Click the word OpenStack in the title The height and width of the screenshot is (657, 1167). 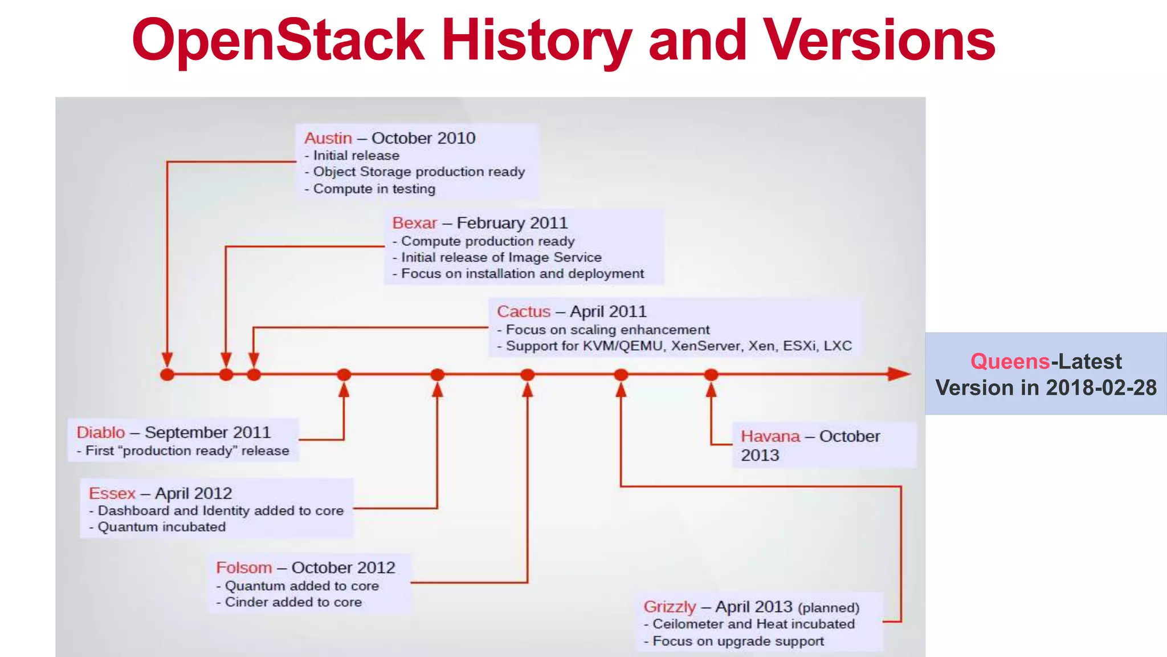coord(278,40)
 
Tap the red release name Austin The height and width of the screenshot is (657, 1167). coord(328,138)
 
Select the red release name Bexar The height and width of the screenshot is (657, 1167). coord(414,223)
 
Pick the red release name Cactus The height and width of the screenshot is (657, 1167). coord(523,311)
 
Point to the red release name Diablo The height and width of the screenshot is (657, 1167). coord(100,432)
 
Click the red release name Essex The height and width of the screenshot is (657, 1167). coord(112,493)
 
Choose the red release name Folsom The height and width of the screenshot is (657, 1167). coord(243,567)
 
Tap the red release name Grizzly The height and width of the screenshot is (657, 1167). coord(670,606)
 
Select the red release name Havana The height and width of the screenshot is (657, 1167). coord(770,436)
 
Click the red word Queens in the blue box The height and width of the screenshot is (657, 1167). coord(1010,362)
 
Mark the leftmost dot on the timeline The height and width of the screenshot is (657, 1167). coord(167,375)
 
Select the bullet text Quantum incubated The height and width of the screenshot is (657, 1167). coord(161,527)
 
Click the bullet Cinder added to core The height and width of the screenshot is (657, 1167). coord(293,602)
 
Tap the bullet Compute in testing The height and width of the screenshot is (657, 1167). coord(374,189)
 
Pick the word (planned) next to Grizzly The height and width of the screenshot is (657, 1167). coord(829,608)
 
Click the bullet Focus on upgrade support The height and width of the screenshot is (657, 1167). coord(738,641)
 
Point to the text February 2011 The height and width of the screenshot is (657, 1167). coord(512,223)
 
